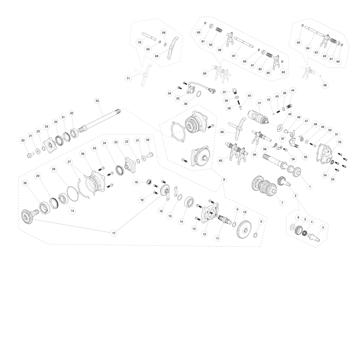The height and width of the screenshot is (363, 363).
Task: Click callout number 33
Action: click(97, 101)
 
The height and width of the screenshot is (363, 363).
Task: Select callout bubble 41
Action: click(260, 103)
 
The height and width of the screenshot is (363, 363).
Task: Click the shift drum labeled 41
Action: click(259, 117)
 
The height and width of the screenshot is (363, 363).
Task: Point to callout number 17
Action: click(114, 233)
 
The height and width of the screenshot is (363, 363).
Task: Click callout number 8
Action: click(224, 179)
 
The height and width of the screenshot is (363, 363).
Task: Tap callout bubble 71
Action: click(128, 79)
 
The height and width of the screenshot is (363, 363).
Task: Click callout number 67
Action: click(234, 56)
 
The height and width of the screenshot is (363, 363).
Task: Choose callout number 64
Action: click(308, 48)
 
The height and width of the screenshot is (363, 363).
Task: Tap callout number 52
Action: click(340, 142)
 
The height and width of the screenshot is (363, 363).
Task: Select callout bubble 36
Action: click(186, 104)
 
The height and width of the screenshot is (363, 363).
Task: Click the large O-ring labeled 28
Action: click(73, 193)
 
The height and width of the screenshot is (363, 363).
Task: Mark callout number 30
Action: click(25, 183)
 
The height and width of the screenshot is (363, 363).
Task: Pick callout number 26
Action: click(83, 154)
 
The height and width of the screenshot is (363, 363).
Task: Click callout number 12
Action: click(204, 234)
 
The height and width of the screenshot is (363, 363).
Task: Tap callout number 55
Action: click(305, 157)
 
